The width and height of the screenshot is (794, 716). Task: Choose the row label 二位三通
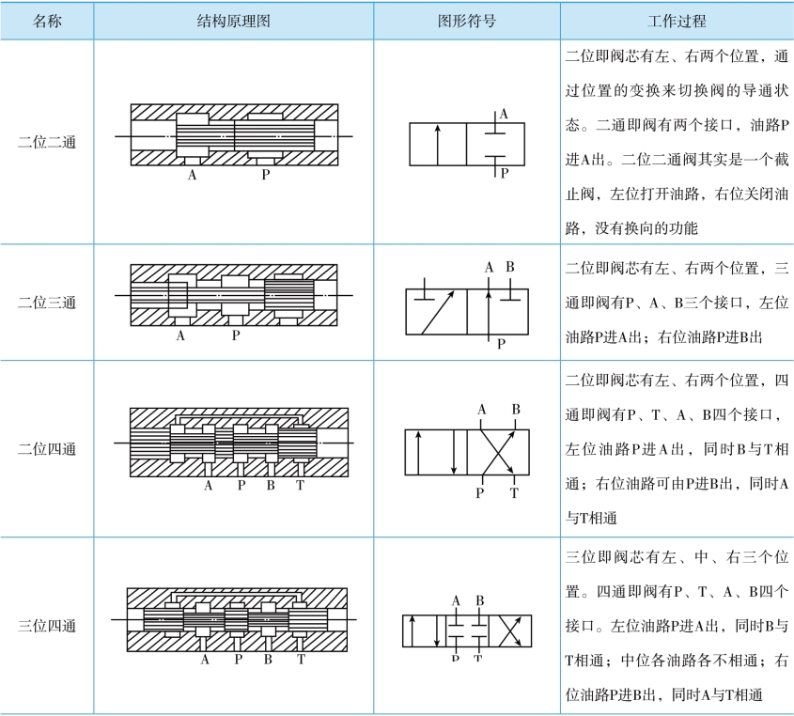[47, 303]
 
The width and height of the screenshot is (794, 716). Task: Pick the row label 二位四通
[47, 448]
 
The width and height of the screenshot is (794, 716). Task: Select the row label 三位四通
[47, 626]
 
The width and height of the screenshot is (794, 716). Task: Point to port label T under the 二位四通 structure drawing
[300, 486]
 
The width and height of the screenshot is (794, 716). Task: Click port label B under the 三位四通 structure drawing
[268, 660]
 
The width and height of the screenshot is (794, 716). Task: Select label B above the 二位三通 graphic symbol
[510, 268]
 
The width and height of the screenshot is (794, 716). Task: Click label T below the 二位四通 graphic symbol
[514, 492]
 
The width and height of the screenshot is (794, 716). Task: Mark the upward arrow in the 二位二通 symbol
[438, 144]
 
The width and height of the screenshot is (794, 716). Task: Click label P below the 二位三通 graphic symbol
[501, 344]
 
